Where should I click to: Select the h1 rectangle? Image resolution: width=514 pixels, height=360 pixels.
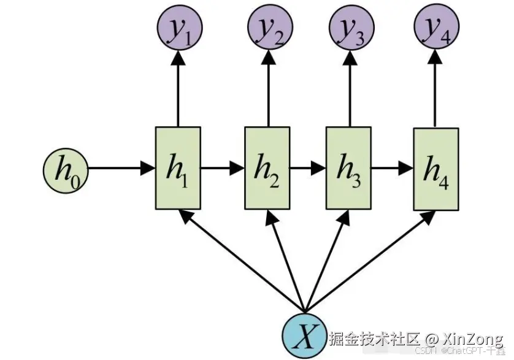[x=178, y=168]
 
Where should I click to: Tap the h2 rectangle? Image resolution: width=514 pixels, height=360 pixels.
[x=267, y=168]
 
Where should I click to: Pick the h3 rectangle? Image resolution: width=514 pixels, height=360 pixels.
[x=348, y=168]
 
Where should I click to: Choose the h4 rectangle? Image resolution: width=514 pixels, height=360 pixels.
[x=435, y=169]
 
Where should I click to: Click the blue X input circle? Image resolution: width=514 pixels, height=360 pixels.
[x=305, y=337]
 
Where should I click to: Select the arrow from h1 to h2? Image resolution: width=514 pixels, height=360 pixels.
[x=223, y=168]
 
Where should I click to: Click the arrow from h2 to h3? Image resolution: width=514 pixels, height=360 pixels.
[x=308, y=168]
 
